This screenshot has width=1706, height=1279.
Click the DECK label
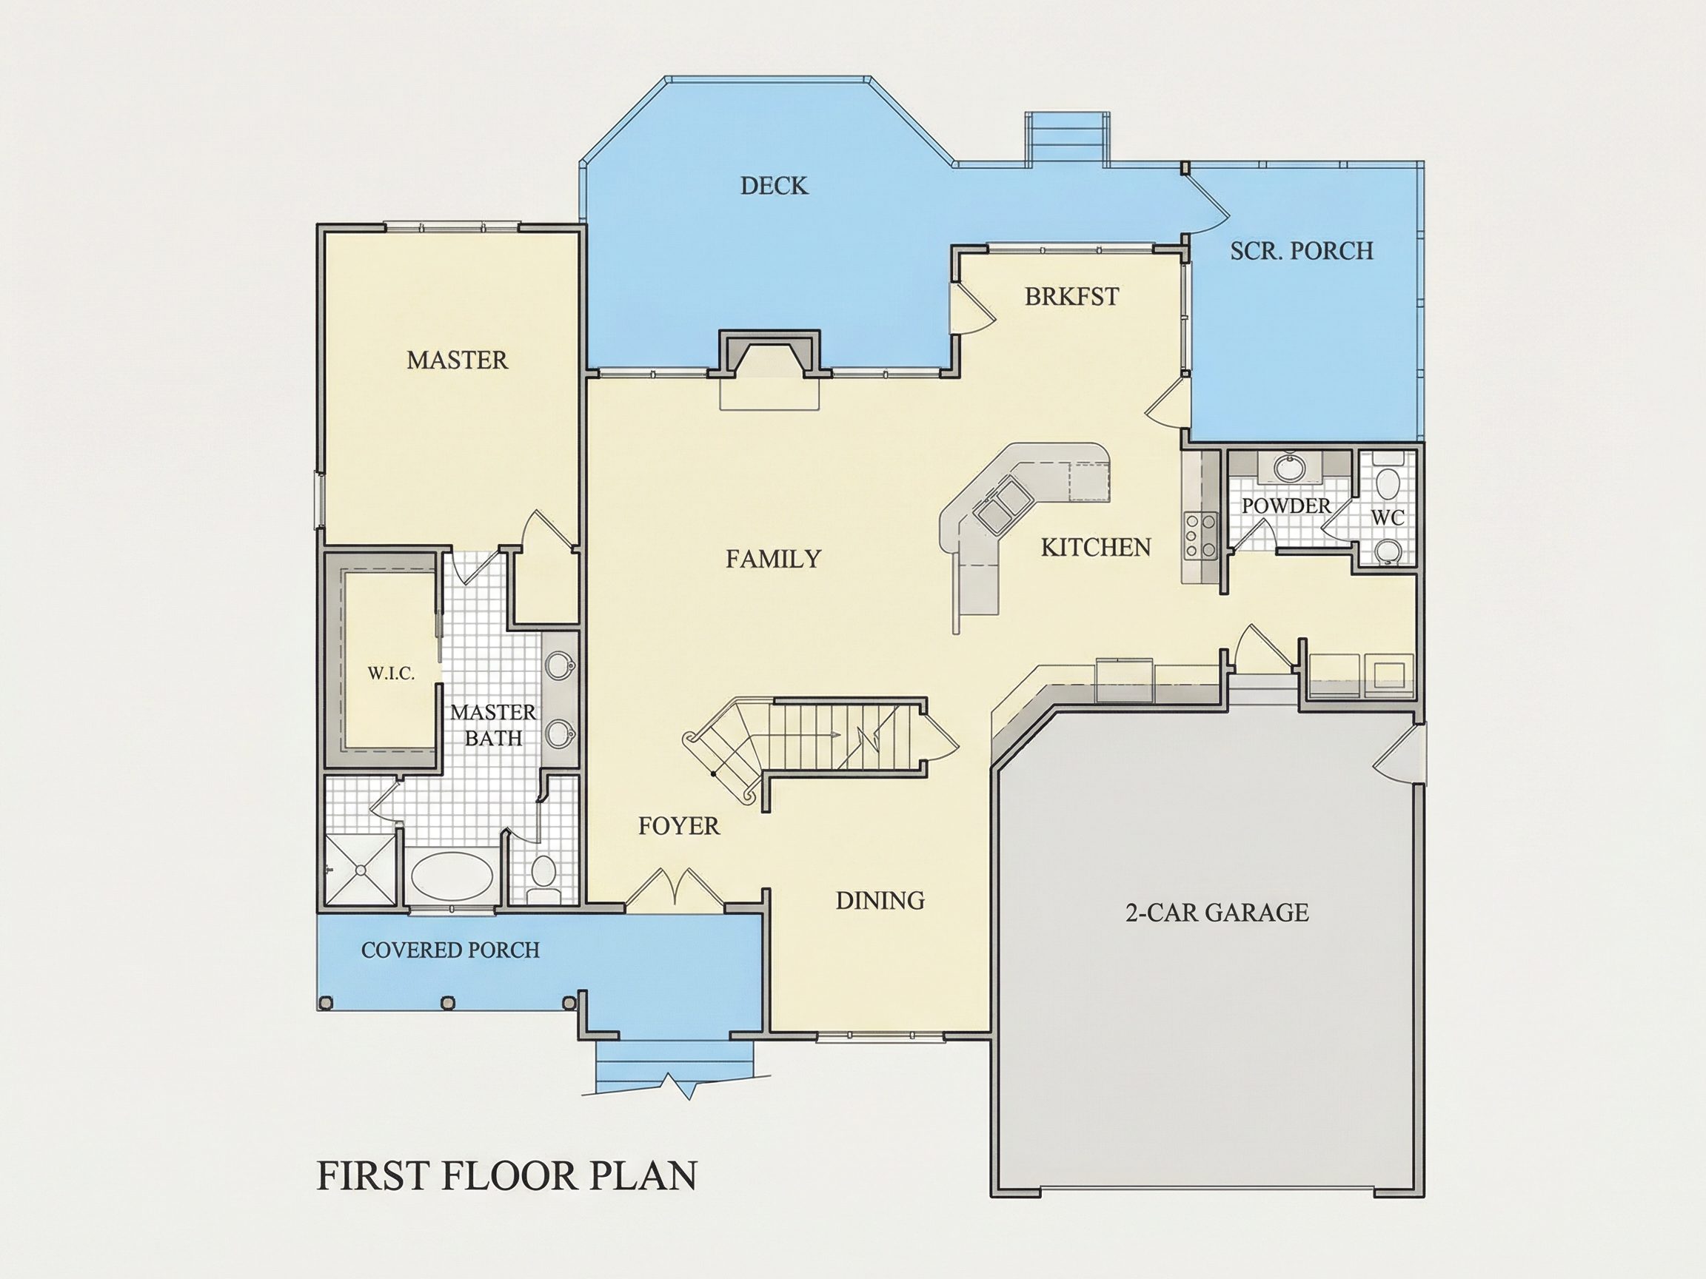(775, 186)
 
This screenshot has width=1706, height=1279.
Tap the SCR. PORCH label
(1302, 252)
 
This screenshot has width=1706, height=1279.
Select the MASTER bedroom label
(458, 360)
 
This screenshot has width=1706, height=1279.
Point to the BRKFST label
(1072, 297)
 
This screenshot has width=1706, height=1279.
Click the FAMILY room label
(774, 559)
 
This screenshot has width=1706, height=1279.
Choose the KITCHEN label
(1096, 548)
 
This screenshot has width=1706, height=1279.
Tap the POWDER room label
(1286, 506)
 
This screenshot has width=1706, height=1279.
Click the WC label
(1388, 518)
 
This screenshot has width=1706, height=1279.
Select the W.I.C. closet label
(391, 674)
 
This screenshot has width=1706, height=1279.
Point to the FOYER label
(679, 827)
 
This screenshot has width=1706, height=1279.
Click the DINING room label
(880, 901)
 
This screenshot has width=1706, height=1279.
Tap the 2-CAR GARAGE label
(1217, 913)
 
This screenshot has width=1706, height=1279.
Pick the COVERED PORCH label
(450, 950)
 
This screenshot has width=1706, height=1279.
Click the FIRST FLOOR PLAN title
(506, 1176)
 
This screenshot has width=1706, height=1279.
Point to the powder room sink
(1285, 467)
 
